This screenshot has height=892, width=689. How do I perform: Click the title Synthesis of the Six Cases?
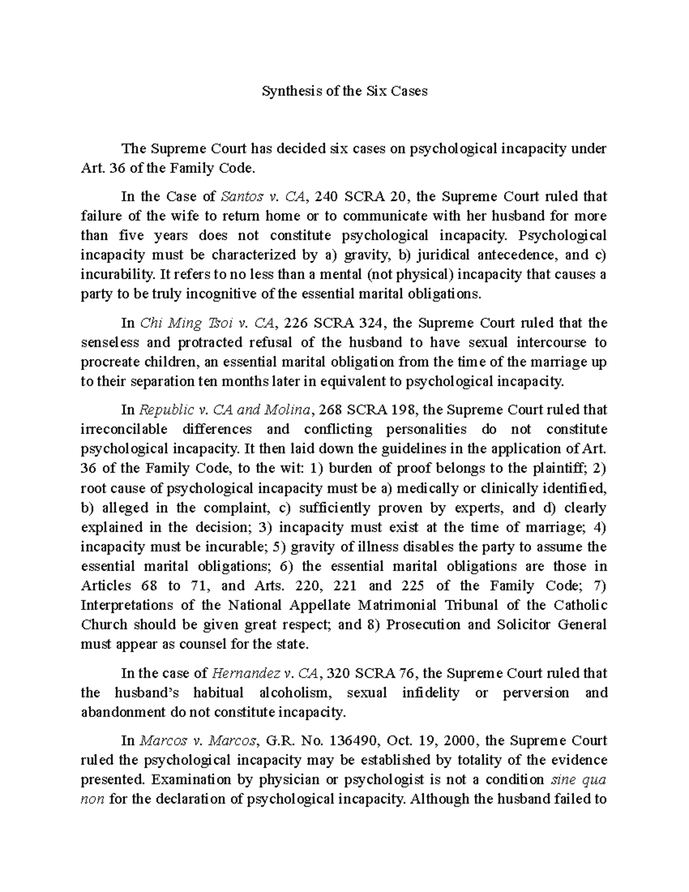(344, 91)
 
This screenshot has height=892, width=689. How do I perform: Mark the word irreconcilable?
(124, 430)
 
